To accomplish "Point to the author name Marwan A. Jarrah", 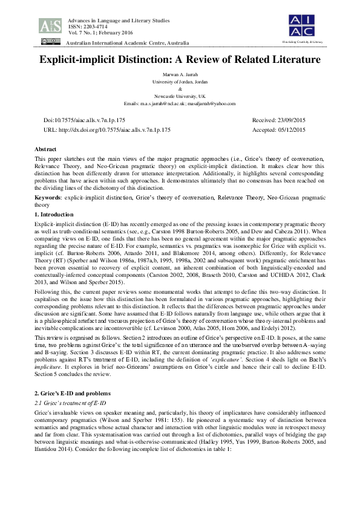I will coord(180,76).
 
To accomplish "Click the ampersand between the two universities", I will coord(180,89).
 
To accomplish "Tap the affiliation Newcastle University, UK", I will coord(180,96).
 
